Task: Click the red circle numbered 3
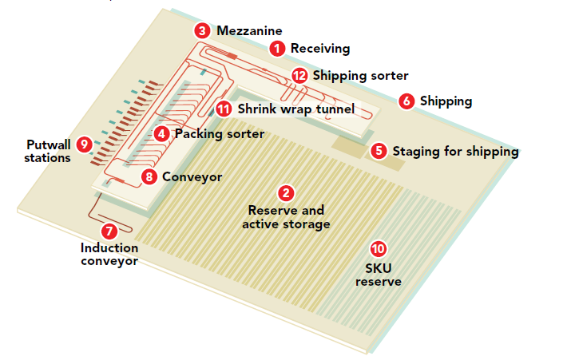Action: pos(202,31)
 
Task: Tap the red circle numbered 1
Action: pos(277,49)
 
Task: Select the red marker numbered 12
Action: pos(299,76)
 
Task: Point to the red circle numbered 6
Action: pos(406,101)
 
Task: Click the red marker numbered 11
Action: pos(224,109)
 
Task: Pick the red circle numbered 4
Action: pos(161,134)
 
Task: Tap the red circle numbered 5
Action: pos(379,151)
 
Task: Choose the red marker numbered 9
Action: pos(84,144)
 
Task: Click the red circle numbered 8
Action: pos(149,177)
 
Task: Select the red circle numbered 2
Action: pos(286,193)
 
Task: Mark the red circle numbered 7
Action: pos(109,231)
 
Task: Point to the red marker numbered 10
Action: pos(379,249)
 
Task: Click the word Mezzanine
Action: pos(249,31)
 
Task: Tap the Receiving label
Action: pos(320,49)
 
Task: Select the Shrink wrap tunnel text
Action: pos(296,109)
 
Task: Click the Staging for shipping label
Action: pos(455,152)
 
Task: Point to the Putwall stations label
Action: pos(48,152)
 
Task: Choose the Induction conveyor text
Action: pos(109,255)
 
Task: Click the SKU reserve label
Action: pos(379,275)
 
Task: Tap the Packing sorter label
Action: pos(220,134)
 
